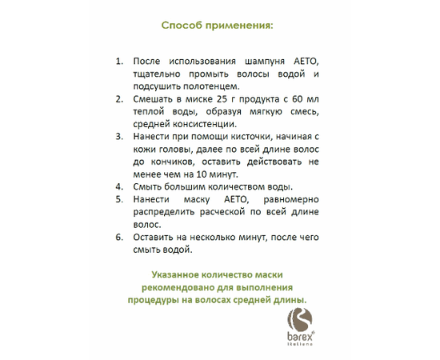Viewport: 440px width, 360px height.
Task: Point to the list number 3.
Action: point(118,136)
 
